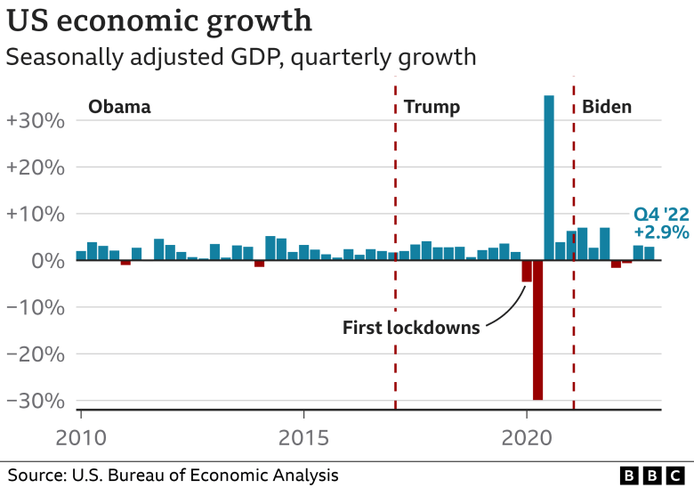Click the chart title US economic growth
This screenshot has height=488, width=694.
pyautogui.click(x=160, y=20)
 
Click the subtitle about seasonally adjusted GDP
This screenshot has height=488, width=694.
pyautogui.click(x=240, y=58)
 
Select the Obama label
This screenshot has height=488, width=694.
pyautogui.click(x=119, y=108)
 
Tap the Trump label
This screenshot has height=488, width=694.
pyautogui.click(x=432, y=108)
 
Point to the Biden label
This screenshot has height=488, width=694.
pyautogui.click(x=607, y=108)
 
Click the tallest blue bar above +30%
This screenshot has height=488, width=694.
pyautogui.click(x=549, y=178)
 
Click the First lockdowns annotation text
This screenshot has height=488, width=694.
pyautogui.click(x=411, y=328)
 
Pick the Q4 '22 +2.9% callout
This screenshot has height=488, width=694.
pyautogui.click(x=661, y=224)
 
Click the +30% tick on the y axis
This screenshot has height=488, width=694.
pyautogui.click(x=35, y=120)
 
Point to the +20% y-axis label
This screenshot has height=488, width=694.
pyautogui.click(x=35, y=167)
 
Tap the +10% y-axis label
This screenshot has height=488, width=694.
pyautogui.click(x=35, y=214)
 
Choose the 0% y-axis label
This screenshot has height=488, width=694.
pyautogui.click(x=46, y=261)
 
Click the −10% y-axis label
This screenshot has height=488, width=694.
pyautogui.click(x=35, y=307)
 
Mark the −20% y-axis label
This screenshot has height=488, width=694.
pyautogui.click(x=35, y=354)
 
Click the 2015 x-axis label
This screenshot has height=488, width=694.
pyautogui.click(x=304, y=439)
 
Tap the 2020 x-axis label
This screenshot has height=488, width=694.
pyautogui.click(x=527, y=439)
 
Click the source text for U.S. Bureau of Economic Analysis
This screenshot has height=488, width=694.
pyautogui.click(x=173, y=475)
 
